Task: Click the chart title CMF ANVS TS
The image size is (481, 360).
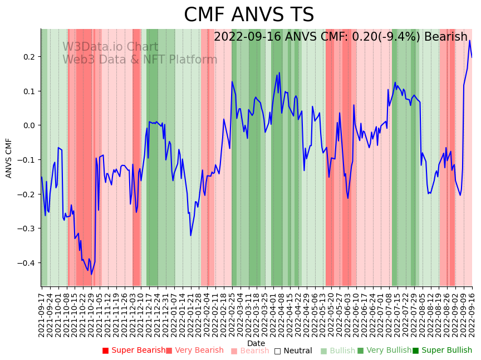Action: tap(249, 15)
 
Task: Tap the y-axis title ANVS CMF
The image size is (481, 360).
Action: tap(9, 158)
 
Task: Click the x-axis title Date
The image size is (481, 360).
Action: tap(256, 343)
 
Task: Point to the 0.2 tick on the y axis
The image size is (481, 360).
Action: tap(30, 57)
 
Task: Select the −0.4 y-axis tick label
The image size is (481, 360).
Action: tap(27, 263)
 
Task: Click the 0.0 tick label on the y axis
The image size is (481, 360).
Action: tap(30, 125)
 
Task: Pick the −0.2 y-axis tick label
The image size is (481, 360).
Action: tap(27, 194)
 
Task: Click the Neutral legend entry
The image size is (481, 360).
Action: tap(293, 351)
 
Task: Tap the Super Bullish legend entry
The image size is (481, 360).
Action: tap(442, 351)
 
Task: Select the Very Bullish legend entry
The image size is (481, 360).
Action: tap(384, 351)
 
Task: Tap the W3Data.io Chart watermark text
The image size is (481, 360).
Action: tap(110, 47)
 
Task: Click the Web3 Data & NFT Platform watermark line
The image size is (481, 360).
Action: tap(140, 60)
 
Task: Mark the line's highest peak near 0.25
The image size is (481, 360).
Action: tap(469, 40)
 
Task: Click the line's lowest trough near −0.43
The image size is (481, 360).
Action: tap(92, 274)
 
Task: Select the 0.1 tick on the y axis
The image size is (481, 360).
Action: tap(30, 91)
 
